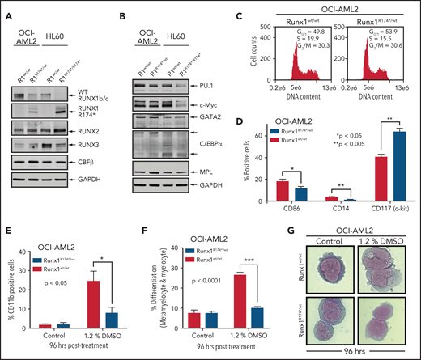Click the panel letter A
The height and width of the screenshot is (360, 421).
tap(6, 8)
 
